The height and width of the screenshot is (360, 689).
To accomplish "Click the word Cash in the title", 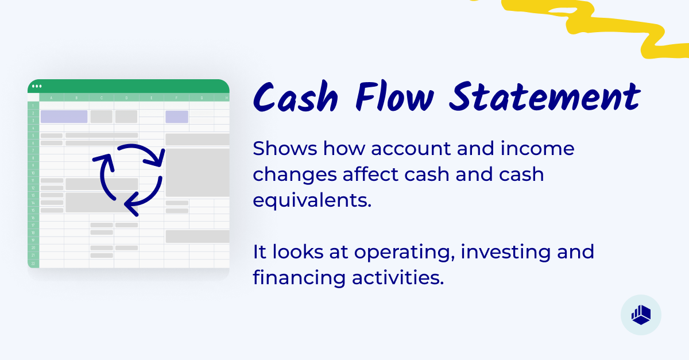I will click(x=296, y=98).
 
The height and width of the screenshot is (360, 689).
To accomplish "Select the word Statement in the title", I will click(x=544, y=98).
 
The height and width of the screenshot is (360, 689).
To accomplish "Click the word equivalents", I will click(x=312, y=200).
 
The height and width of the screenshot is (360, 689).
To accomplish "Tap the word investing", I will click(x=501, y=253).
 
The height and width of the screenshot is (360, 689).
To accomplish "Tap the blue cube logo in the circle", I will click(x=641, y=315).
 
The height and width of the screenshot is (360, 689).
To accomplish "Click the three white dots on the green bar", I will click(x=37, y=86).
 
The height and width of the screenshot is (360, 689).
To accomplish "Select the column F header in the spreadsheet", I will click(x=176, y=98).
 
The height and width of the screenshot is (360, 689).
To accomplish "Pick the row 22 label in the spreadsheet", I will click(x=33, y=263).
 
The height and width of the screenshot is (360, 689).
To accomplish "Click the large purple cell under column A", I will click(x=64, y=117).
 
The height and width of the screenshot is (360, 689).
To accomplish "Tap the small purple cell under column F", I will click(x=177, y=117).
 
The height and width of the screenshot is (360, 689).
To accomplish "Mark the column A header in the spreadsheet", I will click(x=52, y=98).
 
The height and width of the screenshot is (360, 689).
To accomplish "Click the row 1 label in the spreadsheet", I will click(x=33, y=106).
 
